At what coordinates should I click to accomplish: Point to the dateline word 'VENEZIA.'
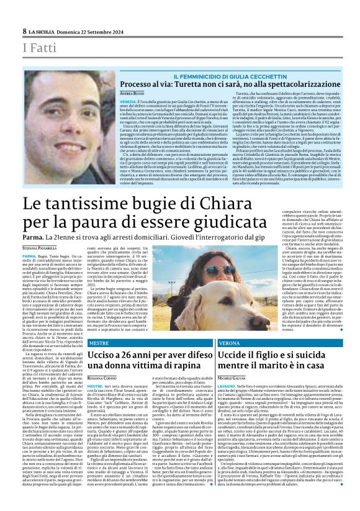click(129, 101)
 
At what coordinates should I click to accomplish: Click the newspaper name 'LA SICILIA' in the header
click(42, 31)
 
